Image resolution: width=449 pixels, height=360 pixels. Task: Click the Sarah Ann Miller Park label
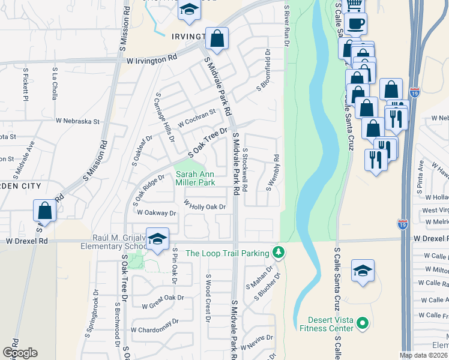click(x=195, y=178)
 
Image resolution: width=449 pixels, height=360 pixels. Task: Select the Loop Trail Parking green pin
click(x=277, y=251)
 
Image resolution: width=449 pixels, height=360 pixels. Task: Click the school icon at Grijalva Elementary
click(x=157, y=239)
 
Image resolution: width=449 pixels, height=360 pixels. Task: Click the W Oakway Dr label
click(x=157, y=212)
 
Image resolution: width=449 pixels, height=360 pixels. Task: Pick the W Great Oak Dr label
click(x=163, y=298)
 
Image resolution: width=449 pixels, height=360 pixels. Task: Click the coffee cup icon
click(x=356, y=24)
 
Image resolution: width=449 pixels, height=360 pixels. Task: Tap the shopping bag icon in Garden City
click(x=44, y=211)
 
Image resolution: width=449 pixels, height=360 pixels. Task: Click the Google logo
click(x=20, y=352)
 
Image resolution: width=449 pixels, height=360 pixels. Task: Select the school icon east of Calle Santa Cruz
click(x=363, y=271)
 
